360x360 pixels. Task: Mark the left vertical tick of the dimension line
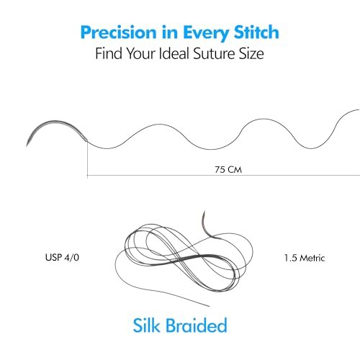(x=87, y=158)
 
